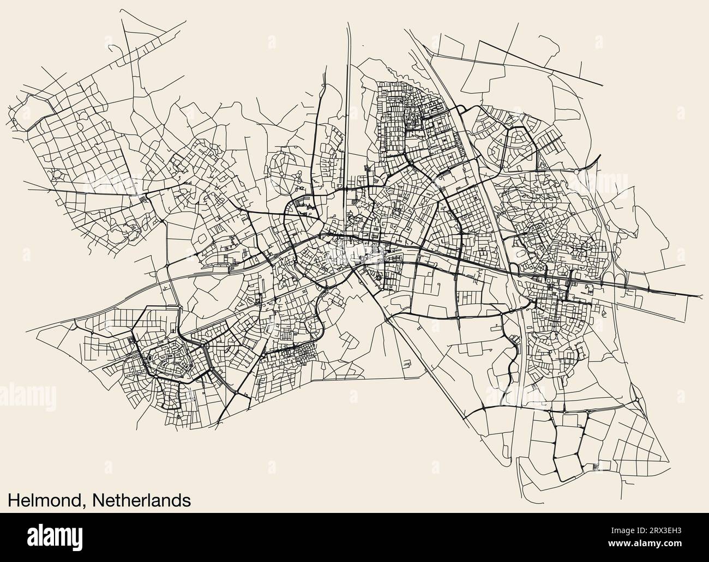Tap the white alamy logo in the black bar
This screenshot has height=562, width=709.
66,537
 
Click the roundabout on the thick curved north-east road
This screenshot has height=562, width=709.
577,171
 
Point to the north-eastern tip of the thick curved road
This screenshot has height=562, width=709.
599,156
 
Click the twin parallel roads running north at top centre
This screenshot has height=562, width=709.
348,82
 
